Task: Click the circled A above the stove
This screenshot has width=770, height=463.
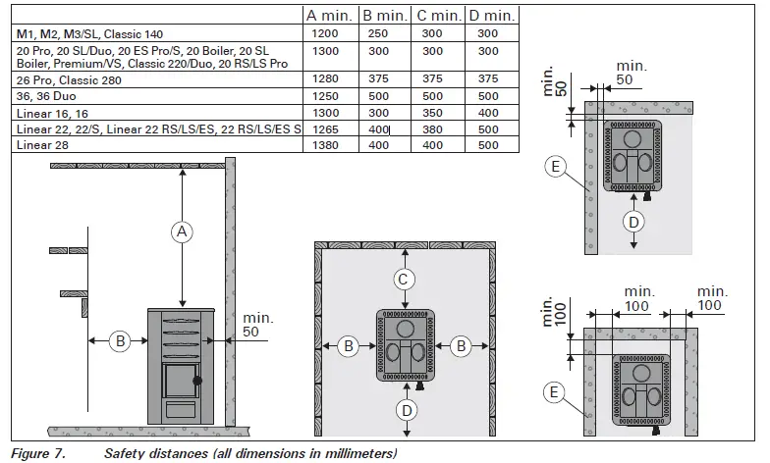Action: click(x=181, y=231)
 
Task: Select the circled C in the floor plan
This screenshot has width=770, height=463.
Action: click(x=404, y=280)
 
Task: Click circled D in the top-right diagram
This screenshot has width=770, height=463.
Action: click(x=634, y=223)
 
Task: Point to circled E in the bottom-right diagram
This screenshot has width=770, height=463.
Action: click(x=556, y=393)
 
